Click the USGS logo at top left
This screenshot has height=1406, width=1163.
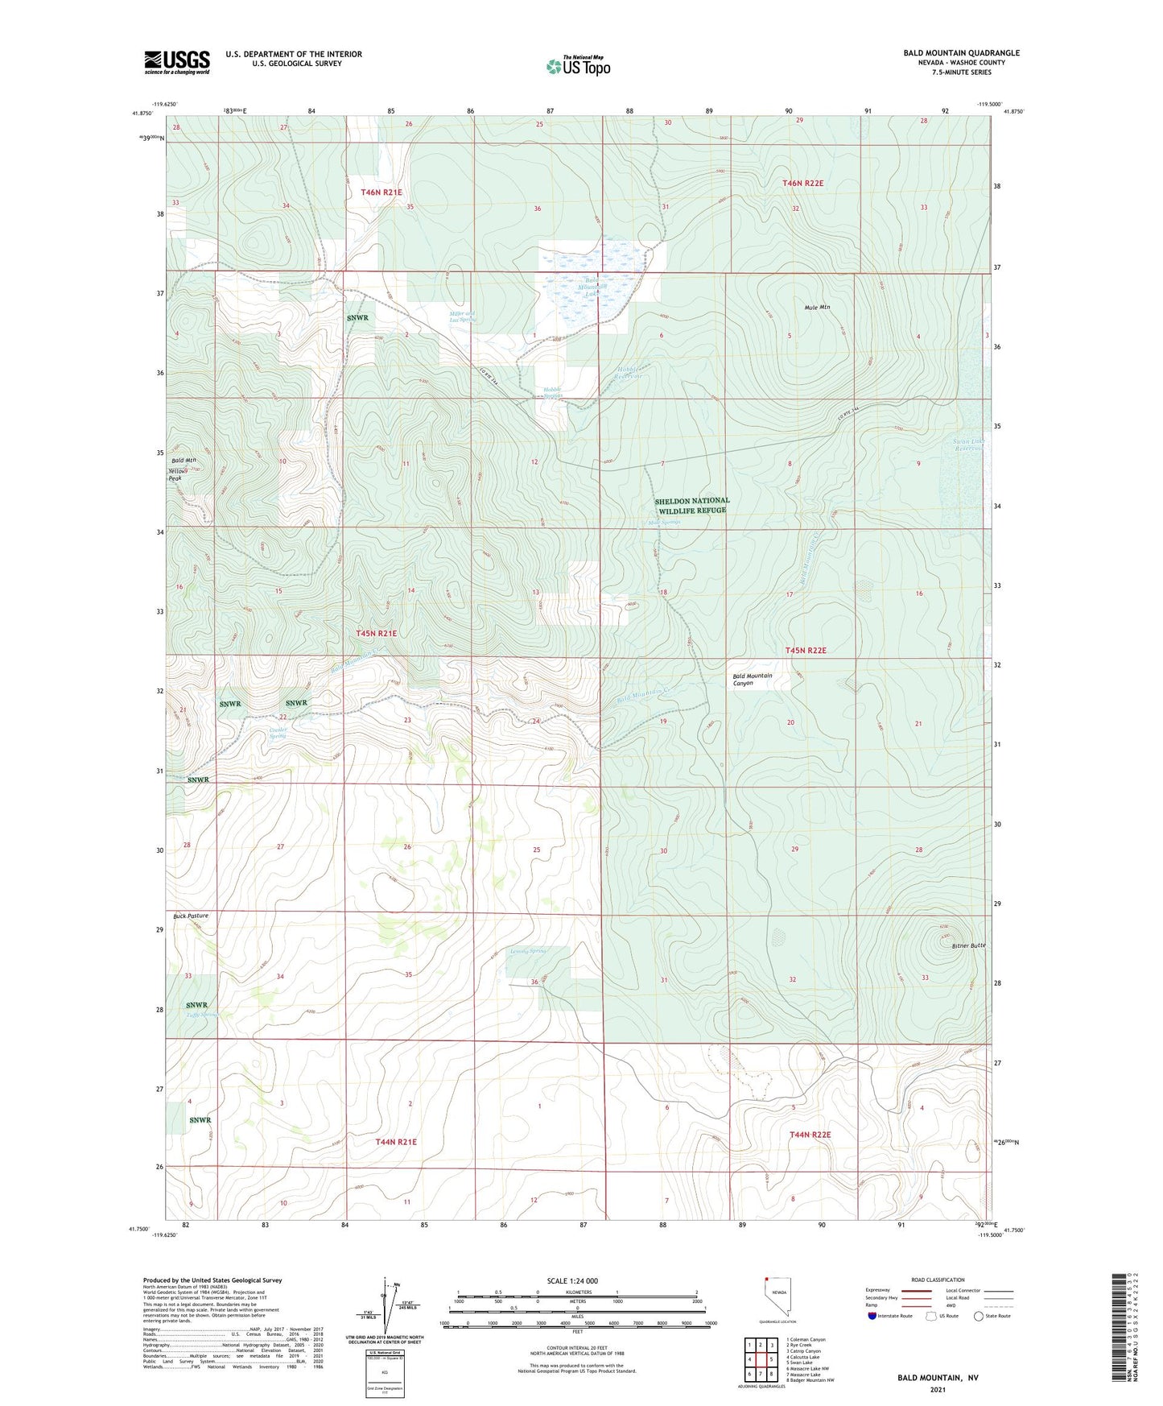177,62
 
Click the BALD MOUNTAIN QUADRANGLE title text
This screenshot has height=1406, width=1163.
961,53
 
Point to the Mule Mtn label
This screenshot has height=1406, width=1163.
817,308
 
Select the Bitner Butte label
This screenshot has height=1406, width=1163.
967,945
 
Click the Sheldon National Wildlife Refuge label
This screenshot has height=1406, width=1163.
692,506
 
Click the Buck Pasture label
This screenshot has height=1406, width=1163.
191,916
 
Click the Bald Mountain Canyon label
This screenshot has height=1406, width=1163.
752,679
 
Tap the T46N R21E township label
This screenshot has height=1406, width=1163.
381,192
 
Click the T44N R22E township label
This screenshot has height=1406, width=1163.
810,1135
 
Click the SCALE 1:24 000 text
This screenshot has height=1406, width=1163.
572,1281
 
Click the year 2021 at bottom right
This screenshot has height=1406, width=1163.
937,1389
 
